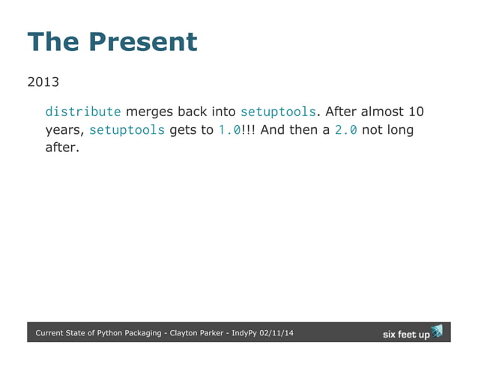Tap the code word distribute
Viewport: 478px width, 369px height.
pos(82,112)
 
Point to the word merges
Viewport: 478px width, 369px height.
pos(150,112)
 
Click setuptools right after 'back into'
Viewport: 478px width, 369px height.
pos(277,112)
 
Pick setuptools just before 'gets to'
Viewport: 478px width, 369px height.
pos(127,130)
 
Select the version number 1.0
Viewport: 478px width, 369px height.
pos(229,130)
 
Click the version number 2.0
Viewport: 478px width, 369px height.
pos(345,130)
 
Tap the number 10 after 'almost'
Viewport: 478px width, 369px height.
pos(416,112)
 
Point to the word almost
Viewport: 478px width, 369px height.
pos(381,112)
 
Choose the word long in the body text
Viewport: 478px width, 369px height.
pos(399,130)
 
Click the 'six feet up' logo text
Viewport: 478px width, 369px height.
pos(406,335)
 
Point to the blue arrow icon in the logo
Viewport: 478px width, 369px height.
pos(438,330)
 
